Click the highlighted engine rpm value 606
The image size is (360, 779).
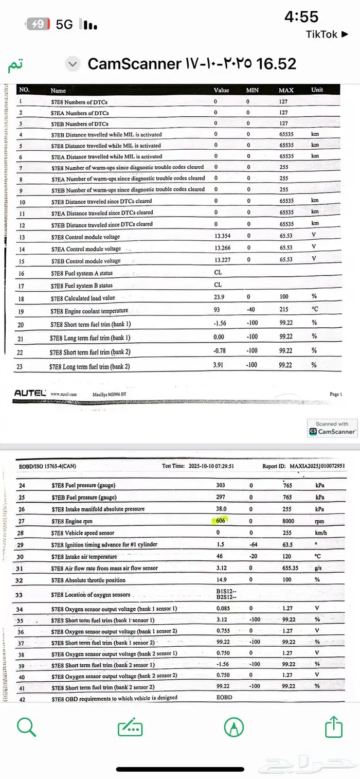click(221, 521)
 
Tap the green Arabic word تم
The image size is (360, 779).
click(15, 65)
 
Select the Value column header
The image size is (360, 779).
click(221, 90)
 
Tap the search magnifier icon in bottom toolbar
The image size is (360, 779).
click(26, 727)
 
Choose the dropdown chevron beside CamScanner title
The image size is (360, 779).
click(73, 64)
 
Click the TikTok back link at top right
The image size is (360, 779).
click(329, 34)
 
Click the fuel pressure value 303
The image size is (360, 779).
click(221, 485)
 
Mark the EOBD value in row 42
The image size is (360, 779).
click(225, 698)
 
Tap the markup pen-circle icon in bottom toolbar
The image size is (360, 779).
click(234, 727)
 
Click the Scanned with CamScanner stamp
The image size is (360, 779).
click(333, 429)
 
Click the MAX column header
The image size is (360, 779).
click(286, 90)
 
